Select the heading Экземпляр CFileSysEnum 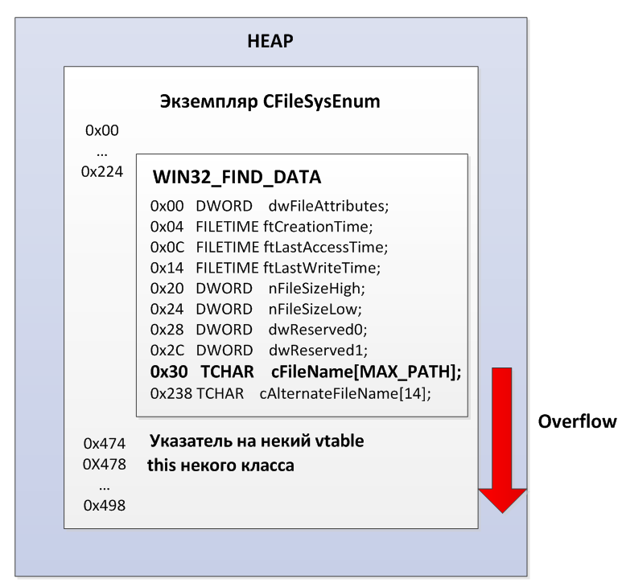tap(270, 102)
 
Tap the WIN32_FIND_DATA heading tap(237, 177)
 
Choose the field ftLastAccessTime tap(325, 248)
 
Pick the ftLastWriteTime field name tap(321, 268)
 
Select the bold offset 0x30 tap(167, 372)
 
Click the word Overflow tap(577, 421)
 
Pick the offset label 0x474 tap(102, 442)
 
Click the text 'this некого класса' tap(220, 465)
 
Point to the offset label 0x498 tap(102, 505)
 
